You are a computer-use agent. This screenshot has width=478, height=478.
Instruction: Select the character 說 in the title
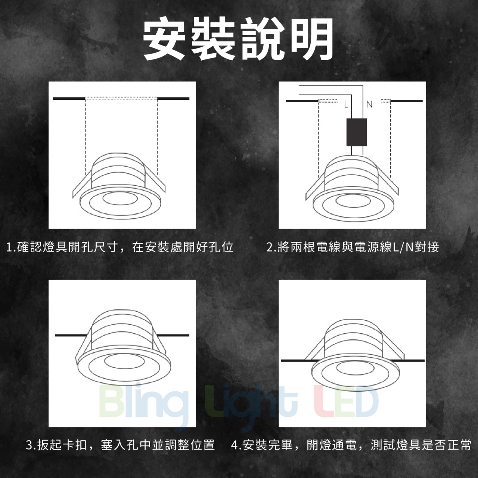263,39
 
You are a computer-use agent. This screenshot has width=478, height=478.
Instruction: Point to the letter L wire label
346,105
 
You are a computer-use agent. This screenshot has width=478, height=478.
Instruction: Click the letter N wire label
369,105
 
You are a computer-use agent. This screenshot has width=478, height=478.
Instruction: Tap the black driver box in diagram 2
357,132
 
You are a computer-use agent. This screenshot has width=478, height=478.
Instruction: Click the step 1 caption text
120,247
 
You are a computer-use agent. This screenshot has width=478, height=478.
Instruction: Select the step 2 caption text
353,247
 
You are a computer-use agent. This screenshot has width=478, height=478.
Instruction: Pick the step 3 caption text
120,445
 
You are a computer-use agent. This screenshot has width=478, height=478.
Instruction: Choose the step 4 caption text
351,445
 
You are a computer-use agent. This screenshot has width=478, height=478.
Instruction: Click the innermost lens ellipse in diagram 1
120,198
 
